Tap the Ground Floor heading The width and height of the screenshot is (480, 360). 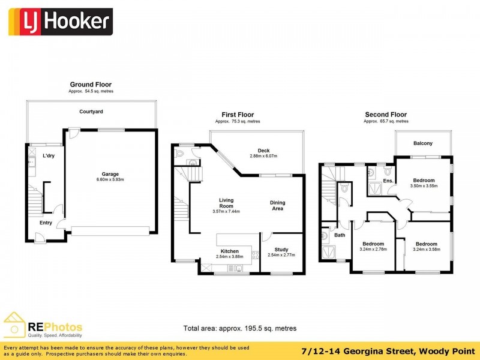pyautogui.click(x=91, y=85)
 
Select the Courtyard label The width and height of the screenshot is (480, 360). pyautogui.click(x=91, y=112)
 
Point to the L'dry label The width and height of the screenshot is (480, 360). pyautogui.click(x=49, y=156)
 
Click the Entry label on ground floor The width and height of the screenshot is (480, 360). pyautogui.click(x=46, y=223)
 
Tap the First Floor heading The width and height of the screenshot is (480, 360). pyautogui.click(x=238, y=115)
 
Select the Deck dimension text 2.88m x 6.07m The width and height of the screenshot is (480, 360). pyautogui.click(x=264, y=157)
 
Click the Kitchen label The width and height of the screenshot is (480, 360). pyautogui.click(x=229, y=251)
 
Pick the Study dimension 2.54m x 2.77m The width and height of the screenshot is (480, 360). pyautogui.click(x=282, y=256)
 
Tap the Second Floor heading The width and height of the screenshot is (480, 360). pyautogui.click(x=386, y=115)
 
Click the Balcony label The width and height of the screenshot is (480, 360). pyautogui.click(x=423, y=143)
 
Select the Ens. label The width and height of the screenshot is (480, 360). pyautogui.click(x=388, y=180)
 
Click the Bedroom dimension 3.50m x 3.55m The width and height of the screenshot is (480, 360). pyautogui.click(x=424, y=186)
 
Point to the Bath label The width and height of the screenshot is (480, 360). pyautogui.click(x=340, y=235)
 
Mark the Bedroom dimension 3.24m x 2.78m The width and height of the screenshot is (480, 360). pyautogui.click(x=373, y=249)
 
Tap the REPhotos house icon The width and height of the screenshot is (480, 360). pyautogui.click(x=15, y=325)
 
